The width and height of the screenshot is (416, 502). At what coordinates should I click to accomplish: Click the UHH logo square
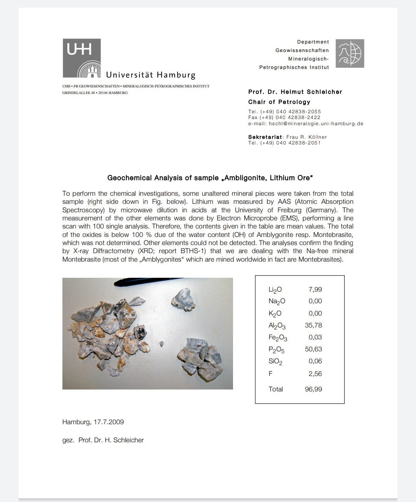pos(82,58)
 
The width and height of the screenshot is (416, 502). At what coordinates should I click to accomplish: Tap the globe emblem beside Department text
pos(350,53)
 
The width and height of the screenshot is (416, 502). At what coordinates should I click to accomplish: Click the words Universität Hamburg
pos(151,75)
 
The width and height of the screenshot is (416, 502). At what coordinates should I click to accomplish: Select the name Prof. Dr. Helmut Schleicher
pos(295,92)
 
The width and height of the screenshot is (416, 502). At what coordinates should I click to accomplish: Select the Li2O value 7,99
pos(315,289)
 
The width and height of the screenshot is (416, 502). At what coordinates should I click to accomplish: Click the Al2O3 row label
pos(277,326)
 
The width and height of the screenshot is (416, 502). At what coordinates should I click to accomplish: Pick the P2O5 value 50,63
pos(313,349)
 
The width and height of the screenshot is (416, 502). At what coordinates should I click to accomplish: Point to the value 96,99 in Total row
pos(313,389)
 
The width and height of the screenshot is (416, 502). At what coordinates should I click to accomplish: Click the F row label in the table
pos(270,374)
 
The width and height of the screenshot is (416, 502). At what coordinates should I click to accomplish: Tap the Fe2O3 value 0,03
pos(315,337)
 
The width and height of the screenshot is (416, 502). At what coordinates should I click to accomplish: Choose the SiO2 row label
pos(275,361)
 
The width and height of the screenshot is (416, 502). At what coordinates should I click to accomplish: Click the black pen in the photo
pos(146,282)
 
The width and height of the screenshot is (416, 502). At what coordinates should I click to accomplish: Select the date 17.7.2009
pos(109,422)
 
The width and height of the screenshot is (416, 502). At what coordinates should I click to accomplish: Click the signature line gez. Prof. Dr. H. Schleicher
pos(103,440)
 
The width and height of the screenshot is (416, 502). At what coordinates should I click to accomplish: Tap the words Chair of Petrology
pos(279,102)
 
